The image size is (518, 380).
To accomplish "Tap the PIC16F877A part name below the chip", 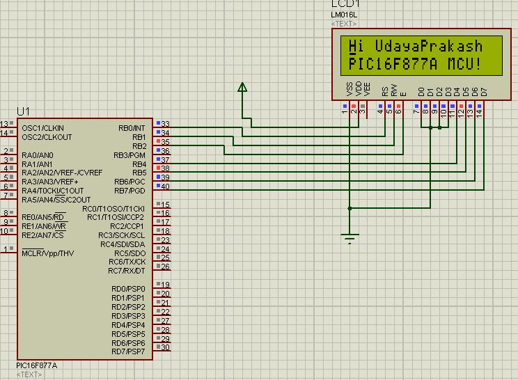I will tap(37, 365).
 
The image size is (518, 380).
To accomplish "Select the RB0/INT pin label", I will tap(132, 128).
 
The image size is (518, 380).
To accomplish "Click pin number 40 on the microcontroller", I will tap(165, 187).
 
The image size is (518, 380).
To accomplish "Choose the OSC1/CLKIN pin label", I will tap(42, 128).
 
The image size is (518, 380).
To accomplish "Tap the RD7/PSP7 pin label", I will tap(128, 351).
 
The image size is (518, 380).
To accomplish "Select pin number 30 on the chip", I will tap(165, 347).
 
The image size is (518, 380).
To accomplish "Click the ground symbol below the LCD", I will tap(350, 239).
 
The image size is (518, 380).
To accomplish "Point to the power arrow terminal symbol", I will tap(242, 88).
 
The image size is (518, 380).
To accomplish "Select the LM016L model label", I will tap(344, 14).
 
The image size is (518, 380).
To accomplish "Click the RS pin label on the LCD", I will tap(384, 91).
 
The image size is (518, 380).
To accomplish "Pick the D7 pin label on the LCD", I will tap(484, 91).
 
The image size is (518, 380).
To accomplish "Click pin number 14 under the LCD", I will tap(479, 112).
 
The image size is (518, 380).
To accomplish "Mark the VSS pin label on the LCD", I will tap(350, 90).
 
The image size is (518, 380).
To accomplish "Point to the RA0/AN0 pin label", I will tap(38, 155).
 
